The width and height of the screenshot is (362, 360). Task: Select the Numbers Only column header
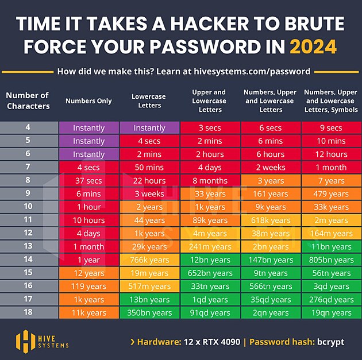(x=88, y=101)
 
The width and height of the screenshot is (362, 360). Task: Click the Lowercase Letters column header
(x=149, y=101)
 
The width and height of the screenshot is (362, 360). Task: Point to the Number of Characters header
(x=28, y=100)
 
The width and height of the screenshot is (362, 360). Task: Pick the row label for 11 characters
(x=28, y=220)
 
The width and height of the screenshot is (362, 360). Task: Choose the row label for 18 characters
(x=28, y=312)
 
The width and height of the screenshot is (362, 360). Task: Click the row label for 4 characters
(x=28, y=127)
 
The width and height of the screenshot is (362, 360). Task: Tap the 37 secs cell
(x=88, y=180)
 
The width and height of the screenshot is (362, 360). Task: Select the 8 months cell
(x=210, y=180)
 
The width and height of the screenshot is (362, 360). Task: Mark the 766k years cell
(x=149, y=260)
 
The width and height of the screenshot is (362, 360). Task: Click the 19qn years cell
(x=331, y=313)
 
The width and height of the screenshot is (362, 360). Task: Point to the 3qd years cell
(x=331, y=286)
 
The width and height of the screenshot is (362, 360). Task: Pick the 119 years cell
(x=88, y=286)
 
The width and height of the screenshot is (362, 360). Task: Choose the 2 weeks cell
(x=270, y=167)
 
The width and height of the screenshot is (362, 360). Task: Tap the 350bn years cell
(x=149, y=313)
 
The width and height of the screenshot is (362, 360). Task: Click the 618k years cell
(x=270, y=220)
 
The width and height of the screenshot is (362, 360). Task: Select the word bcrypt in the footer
(x=330, y=342)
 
